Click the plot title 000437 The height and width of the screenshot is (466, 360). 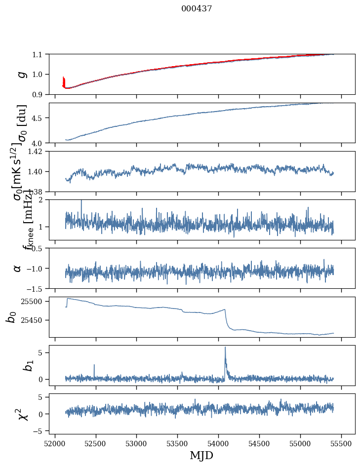pyautogui.click(x=197, y=9)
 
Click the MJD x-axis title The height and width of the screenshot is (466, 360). pyautogui.click(x=201, y=456)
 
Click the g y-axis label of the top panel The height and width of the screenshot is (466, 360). pyautogui.click(x=21, y=74)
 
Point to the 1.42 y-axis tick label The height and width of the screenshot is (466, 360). pyautogui.click(x=36, y=152)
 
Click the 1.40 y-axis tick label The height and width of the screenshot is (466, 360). pyautogui.click(x=36, y=171)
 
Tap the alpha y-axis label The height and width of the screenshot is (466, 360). pyautogui.click(x=17, y=268)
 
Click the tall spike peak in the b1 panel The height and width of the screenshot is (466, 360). pyautogui.click(x=225, y=347)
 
